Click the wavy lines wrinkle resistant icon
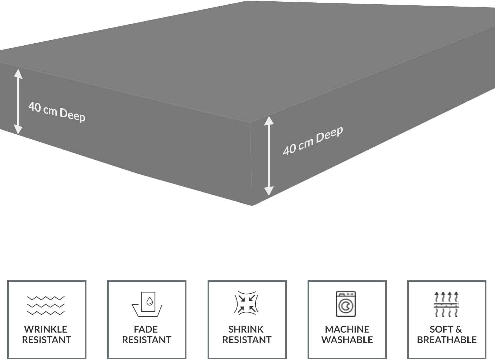(46, 306)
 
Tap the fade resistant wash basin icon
(147, 304)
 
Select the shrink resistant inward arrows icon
(247, 303)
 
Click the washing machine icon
(346, 304)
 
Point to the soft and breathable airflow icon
(446, 304)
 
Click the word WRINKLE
(46, 329)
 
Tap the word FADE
(146, 329)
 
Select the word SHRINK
(246, 329)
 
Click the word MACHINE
(347, 329)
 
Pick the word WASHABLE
(347, 340)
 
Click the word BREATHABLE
(447, 340)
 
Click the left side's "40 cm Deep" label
(57, 112)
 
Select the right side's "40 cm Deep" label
(313, 140)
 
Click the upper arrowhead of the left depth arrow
(18, 73)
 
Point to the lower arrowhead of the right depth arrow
(269, 191)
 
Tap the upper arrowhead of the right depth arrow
(269, 121)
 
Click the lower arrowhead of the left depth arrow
(18, 130)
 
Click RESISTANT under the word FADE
(147, 340)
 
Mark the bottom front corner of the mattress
(252, 205)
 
